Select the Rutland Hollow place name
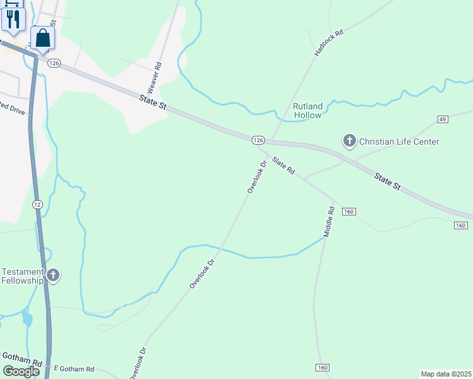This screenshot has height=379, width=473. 307,111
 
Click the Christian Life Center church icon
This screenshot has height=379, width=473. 349,141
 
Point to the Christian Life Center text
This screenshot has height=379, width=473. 399,141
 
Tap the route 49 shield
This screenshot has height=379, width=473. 442,119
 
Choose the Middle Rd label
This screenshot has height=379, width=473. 329,222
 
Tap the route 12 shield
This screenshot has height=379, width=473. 37,204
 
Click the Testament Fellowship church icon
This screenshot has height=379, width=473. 53,275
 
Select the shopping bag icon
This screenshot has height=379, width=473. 42,39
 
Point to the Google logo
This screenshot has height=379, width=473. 20,371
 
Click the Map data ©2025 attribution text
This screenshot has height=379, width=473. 446,373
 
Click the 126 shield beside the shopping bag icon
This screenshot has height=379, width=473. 54,63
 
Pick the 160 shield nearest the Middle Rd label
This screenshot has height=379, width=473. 349,212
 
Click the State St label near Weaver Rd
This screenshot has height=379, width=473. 153,103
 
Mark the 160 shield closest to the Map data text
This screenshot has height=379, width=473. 322,368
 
